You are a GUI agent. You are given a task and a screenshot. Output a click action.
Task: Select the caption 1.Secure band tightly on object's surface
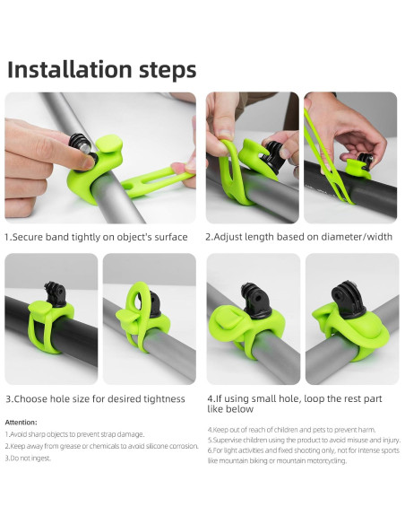pyautogui.click(x=97, y=237)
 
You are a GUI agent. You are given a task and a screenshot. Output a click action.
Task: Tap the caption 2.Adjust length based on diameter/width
pyautogui.click(x=299, y=237)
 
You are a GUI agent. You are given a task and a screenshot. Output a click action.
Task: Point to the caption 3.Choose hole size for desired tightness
pyautogui.click(x=95, y=398)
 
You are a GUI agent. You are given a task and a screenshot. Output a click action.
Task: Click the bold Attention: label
pyautogui.click(x=22, y=422)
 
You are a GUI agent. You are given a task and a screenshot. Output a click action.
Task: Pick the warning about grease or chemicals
pyautogui.click(x=100, y=446)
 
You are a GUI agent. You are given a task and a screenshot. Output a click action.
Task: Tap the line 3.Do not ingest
pyautogui.click(x=28, y=458)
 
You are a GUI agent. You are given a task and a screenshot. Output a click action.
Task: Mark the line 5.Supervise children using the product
pyautogui.click(x=302, y=440)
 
